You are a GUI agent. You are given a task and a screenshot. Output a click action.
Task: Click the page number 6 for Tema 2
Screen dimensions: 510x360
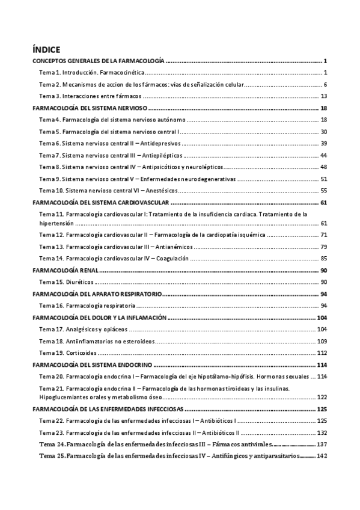coord(325,84)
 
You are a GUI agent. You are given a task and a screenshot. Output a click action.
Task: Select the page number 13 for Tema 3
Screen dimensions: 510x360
coord(323,96)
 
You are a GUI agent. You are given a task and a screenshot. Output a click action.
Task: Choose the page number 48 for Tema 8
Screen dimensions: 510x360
coord(323,167)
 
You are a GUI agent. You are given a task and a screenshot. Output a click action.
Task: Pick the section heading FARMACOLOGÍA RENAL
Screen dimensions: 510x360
coord(66,271)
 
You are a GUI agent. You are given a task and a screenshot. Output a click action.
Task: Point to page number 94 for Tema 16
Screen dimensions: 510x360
coord(323,306)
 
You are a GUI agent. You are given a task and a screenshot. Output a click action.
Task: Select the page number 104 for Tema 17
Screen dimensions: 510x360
coord(322,329)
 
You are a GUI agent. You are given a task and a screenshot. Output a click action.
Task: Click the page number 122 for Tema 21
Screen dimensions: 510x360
coord(322,397)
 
